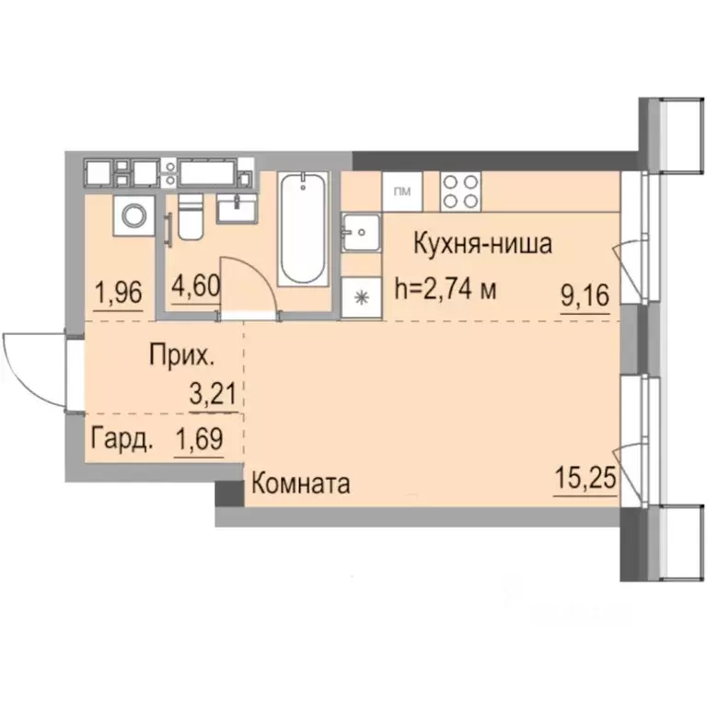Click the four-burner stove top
459,191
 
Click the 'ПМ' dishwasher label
402,191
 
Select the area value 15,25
585,480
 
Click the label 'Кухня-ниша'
482,245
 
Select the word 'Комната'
300,483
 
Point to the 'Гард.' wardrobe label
122,440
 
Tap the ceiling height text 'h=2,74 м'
446,289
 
